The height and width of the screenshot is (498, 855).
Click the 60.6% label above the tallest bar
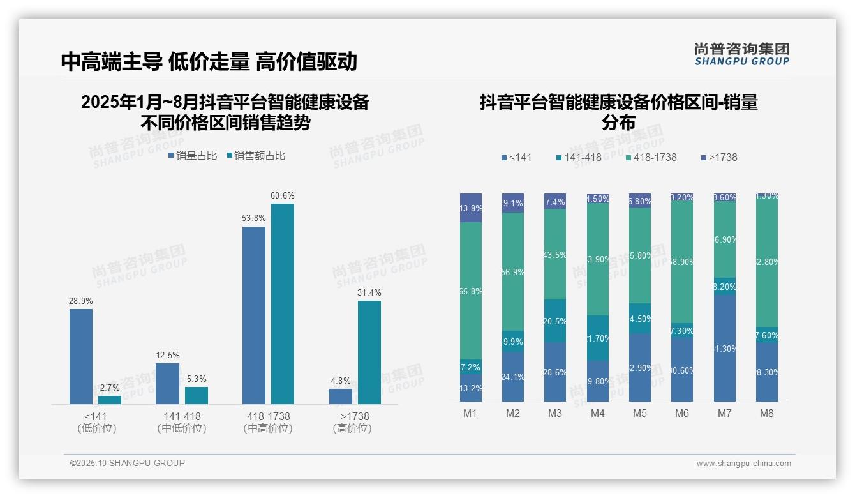pos(282,196)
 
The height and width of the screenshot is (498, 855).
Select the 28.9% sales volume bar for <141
pos(81,356)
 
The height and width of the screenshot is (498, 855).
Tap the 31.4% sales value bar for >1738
pos(369,352)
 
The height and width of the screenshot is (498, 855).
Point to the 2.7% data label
pos(110,388)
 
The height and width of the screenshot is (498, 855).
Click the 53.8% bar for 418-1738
pos(254,315)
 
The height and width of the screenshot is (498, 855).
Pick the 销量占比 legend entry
pos(193,156)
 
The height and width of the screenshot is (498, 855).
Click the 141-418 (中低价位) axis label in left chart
pos(182,422)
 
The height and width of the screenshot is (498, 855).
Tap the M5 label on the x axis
pos(639,413)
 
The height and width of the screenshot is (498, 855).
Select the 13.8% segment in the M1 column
pos(471,208)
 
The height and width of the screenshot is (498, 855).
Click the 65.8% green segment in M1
pos(471,290)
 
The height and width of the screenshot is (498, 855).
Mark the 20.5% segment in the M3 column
pos(555,321)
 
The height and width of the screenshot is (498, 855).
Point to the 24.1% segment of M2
pos(513,377)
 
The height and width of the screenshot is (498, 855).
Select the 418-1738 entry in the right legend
pos(650,157)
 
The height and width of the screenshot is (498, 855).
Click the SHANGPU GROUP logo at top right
pos(741,54)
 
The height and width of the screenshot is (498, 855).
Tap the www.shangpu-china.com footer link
pos(743,464)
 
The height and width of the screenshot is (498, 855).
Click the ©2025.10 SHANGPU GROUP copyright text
pos(128,463)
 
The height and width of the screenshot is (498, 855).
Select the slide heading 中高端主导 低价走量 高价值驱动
pos(209,61)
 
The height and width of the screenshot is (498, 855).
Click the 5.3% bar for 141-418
pos(197,395)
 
